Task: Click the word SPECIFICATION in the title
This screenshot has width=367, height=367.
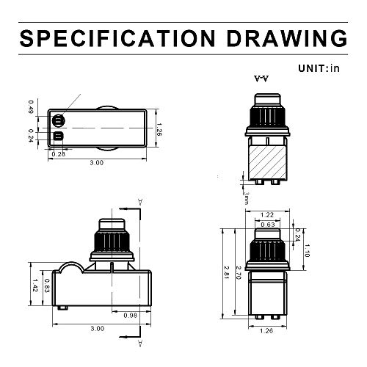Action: [117, 38]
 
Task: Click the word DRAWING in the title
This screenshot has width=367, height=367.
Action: [287, 38]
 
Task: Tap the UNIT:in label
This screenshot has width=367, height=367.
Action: [319, 68]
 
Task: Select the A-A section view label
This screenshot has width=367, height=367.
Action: [261, 79]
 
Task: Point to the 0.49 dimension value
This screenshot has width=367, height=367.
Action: [31, 107]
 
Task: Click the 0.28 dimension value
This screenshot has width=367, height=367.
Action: [59, 154]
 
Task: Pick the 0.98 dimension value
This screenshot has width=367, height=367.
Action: [130, 316]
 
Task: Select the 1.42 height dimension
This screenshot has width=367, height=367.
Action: [34, 286]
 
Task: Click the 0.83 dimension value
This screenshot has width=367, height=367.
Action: [47, 286]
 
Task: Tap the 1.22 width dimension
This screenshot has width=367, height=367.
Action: [267, 215]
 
